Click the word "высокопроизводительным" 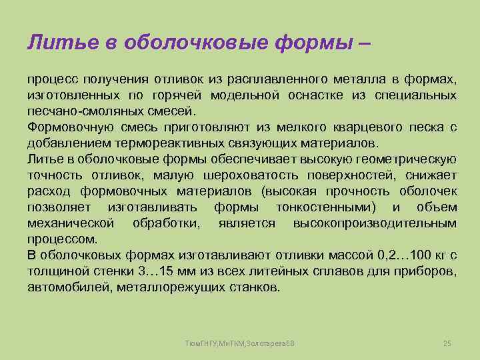point(375,223)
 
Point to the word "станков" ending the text point(253,287)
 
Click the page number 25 point(447,343)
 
